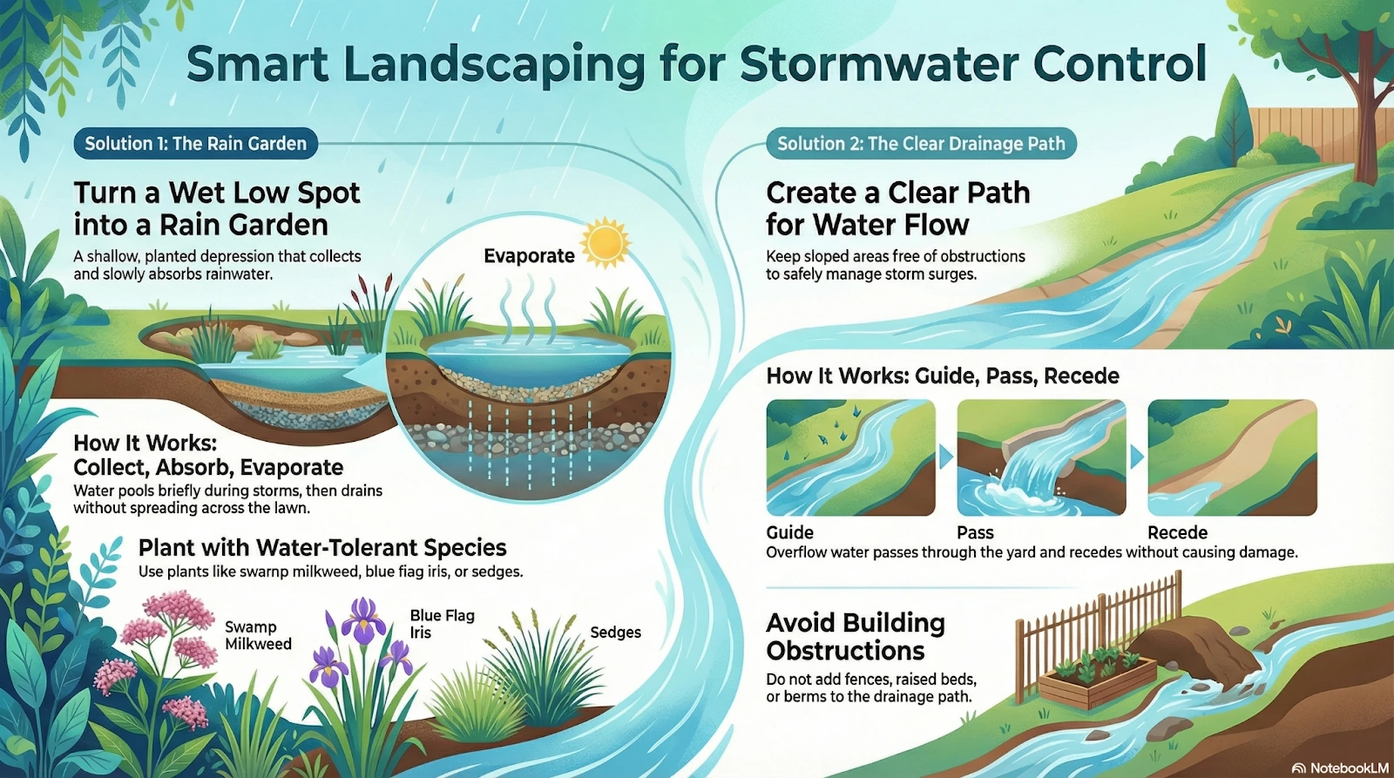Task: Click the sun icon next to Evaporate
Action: tap(606, 242)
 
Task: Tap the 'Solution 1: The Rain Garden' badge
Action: tap(195, 144)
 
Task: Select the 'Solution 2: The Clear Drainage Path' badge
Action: tap(921, 144)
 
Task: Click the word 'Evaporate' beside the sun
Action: tap(529, 256)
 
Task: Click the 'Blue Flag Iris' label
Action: tap(442, 624)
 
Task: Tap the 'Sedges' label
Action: tap(615, 633)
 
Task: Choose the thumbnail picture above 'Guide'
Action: tap(850, 457)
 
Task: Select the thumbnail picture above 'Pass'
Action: tap(1041, 457)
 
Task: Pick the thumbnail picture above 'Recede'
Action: tap(1232, 457)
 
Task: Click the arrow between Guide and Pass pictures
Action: tap(945, 457)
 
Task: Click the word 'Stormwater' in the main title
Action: tap(879, 64)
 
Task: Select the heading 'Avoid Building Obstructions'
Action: tap(856, 636)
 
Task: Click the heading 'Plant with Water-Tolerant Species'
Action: tap(322, 547)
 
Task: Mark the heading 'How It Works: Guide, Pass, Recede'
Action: tap(943, 375)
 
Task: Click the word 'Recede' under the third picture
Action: tap(1177, 532)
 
